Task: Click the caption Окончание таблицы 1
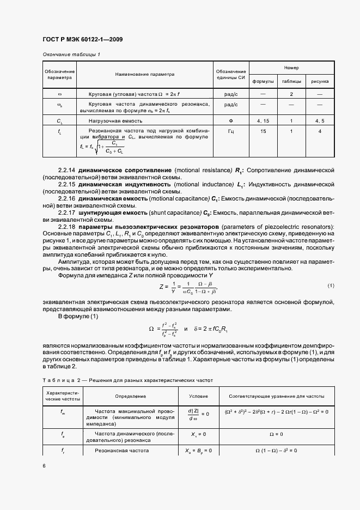tap(71, 54)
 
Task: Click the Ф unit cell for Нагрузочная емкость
tap(230, 120)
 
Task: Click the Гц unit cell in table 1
tap(230, 131)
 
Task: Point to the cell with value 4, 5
tap(320, 120)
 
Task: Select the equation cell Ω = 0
tap(276, 434)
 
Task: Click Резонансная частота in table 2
tap(122, 451)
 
